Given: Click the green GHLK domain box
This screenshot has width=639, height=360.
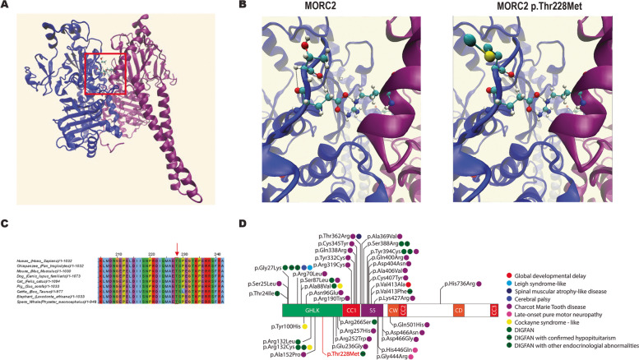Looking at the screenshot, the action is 311,311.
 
